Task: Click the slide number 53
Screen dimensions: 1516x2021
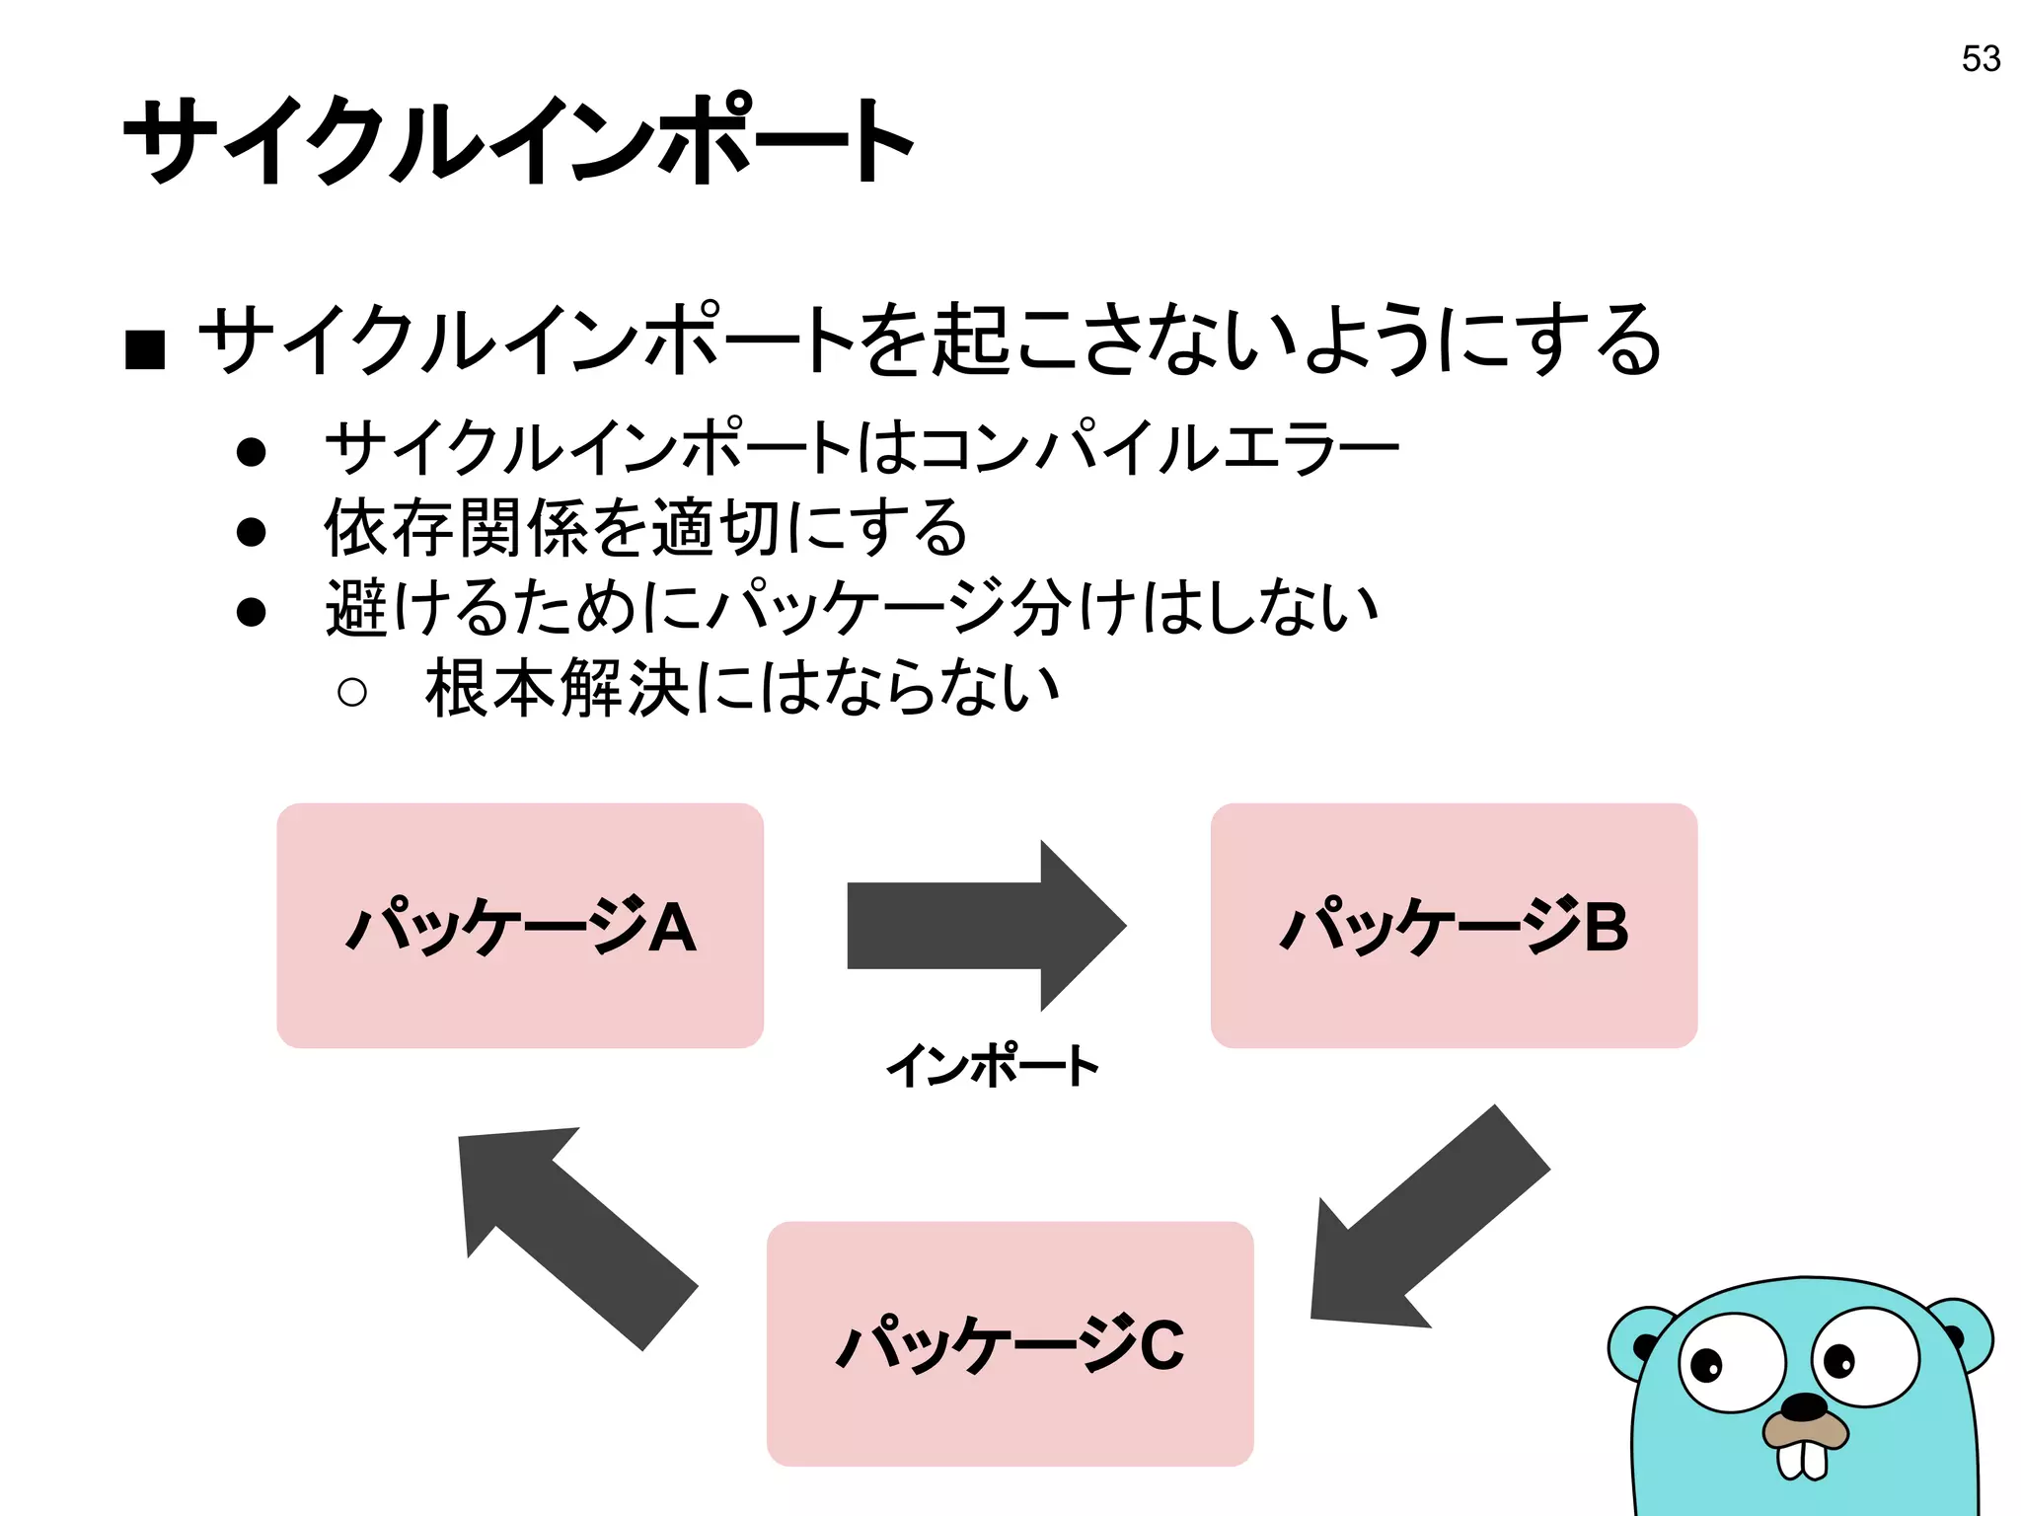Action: point(1981,59)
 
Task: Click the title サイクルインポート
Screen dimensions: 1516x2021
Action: point(519,140)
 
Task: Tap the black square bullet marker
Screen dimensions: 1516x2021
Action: point(145,348)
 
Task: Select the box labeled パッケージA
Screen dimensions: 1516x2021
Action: point(520,925)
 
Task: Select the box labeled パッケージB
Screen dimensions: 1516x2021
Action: point(1454,925)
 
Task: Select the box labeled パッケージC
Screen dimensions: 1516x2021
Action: point(1010,1343)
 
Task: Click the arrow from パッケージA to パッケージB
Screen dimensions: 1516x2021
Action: point(987,925)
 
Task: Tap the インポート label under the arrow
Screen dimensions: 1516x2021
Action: point(993,1066)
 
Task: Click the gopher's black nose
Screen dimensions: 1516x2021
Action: point(1805,1405)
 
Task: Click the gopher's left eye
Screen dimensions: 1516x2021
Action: point(1732,1362)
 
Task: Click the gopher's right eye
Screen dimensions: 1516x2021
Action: point(1865,1356)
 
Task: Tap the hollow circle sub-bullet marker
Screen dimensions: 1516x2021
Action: point(351,691)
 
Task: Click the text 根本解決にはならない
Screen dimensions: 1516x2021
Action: point(742,688)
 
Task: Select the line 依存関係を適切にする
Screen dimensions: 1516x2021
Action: point(646,528)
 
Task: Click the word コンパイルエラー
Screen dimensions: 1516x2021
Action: point(1160,448)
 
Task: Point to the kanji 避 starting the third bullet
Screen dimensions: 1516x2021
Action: point(356,608)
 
